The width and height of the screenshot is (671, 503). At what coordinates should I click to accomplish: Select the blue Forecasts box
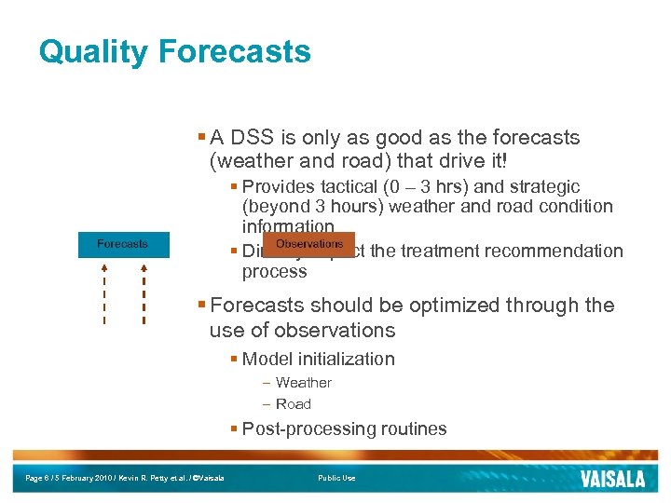[122, 244]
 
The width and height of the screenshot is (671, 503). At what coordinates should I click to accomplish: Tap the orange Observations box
[309, 244]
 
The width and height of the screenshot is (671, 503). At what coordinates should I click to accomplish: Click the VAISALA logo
[611, 479]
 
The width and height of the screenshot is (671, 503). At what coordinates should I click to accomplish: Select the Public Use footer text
[336, 478]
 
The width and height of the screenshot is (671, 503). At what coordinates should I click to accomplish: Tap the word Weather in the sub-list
[303, 383]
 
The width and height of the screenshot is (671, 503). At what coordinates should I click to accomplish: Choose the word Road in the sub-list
[294, 404]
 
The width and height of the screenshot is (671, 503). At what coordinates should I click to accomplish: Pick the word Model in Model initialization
[266, 360]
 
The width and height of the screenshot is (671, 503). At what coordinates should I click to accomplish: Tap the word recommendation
[558, 251]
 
